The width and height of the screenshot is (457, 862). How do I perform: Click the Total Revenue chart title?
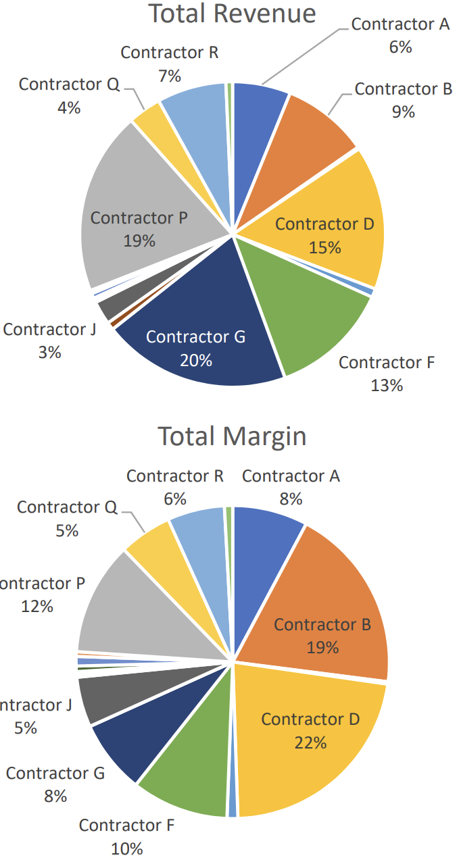click(x=232, y=14)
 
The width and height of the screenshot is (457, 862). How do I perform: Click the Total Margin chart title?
click(x=232, y=437)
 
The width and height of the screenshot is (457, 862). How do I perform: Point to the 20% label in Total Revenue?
click(x=196, y=361)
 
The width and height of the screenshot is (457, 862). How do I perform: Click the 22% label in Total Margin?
click(x=311, y=742)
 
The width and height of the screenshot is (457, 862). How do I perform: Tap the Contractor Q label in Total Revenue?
click(x=70, y=84)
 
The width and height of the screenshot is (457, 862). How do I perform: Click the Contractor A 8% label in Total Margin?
click(x=291, y=488)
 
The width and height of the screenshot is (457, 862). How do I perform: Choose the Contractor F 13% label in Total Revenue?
click(x=387, y=374)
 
